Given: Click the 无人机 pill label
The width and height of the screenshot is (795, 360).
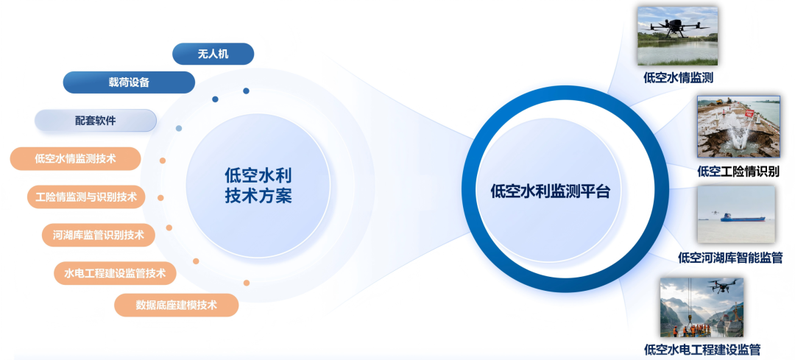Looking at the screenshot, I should (213, 54).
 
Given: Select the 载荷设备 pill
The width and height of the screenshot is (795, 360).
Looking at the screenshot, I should (129, 82).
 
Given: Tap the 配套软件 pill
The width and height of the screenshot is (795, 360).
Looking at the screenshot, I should (96, 120).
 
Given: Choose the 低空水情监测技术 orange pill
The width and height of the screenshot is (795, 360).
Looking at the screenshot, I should (76, 158).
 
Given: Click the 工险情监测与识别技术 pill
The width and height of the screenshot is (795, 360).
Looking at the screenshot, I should (86, 197).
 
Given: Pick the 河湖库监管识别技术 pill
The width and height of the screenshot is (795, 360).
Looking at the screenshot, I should (99, 236).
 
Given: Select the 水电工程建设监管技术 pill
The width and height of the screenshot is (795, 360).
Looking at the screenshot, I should (115, 274).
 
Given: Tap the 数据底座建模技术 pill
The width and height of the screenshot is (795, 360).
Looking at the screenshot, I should (177, 305).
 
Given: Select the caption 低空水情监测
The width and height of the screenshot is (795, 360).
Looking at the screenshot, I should (678, 77).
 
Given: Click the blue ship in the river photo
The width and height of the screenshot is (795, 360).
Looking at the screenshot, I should (743, 217).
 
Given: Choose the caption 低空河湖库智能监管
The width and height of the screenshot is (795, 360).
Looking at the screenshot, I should (729, 258).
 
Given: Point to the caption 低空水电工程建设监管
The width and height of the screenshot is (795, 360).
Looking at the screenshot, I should (702, 350).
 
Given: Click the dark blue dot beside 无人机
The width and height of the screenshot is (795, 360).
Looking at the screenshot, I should (246, 91).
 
